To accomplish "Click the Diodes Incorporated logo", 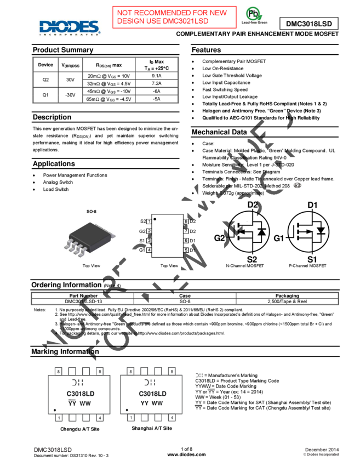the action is pyautogui.click(x=70, y=27).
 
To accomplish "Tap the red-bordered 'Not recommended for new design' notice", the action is pyautogui.click(x=174, y=17).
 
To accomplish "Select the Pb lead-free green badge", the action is pyautogui.click(x=254, y=16).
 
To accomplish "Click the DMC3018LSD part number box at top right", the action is pyautogui.click(x=308, y=24).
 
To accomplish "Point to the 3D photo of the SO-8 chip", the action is pyautogui.click(x=89, y=239).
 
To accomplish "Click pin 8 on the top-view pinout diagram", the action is pyautogui.click(x=186, y=221).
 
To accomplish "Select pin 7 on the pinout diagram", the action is pyautogui.click(x=186, y=231).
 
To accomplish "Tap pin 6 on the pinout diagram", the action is pyautogui.click(x=186, y=240).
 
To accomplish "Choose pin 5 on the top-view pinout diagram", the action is pyautogui.click(x=186, y=249).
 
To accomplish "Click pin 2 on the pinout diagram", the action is pyautogui.click(x=149, y=231).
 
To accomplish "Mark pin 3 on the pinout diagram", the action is pyautogui.click(x=149, y=240).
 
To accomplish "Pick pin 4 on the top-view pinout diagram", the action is pyautogui.click(x=149, y=249).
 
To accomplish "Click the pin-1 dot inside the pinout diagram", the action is pyautogui.click(x=155, y=219).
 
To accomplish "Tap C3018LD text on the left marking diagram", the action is pyautogui.click(x=80, y=394).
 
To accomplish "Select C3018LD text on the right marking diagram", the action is pyautogui.click(x=152, y=394).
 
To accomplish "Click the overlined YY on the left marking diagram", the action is pyautogui.click(x=72, y=403).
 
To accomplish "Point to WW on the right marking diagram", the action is pyautogui.click(x=157, y=403).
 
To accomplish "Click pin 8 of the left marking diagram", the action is pyautogui.click(x=59, y=372).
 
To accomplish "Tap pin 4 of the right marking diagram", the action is pyautogui.click(x=172, y=418).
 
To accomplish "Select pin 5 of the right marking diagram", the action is pyautogui.click(x=172, y=372).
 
